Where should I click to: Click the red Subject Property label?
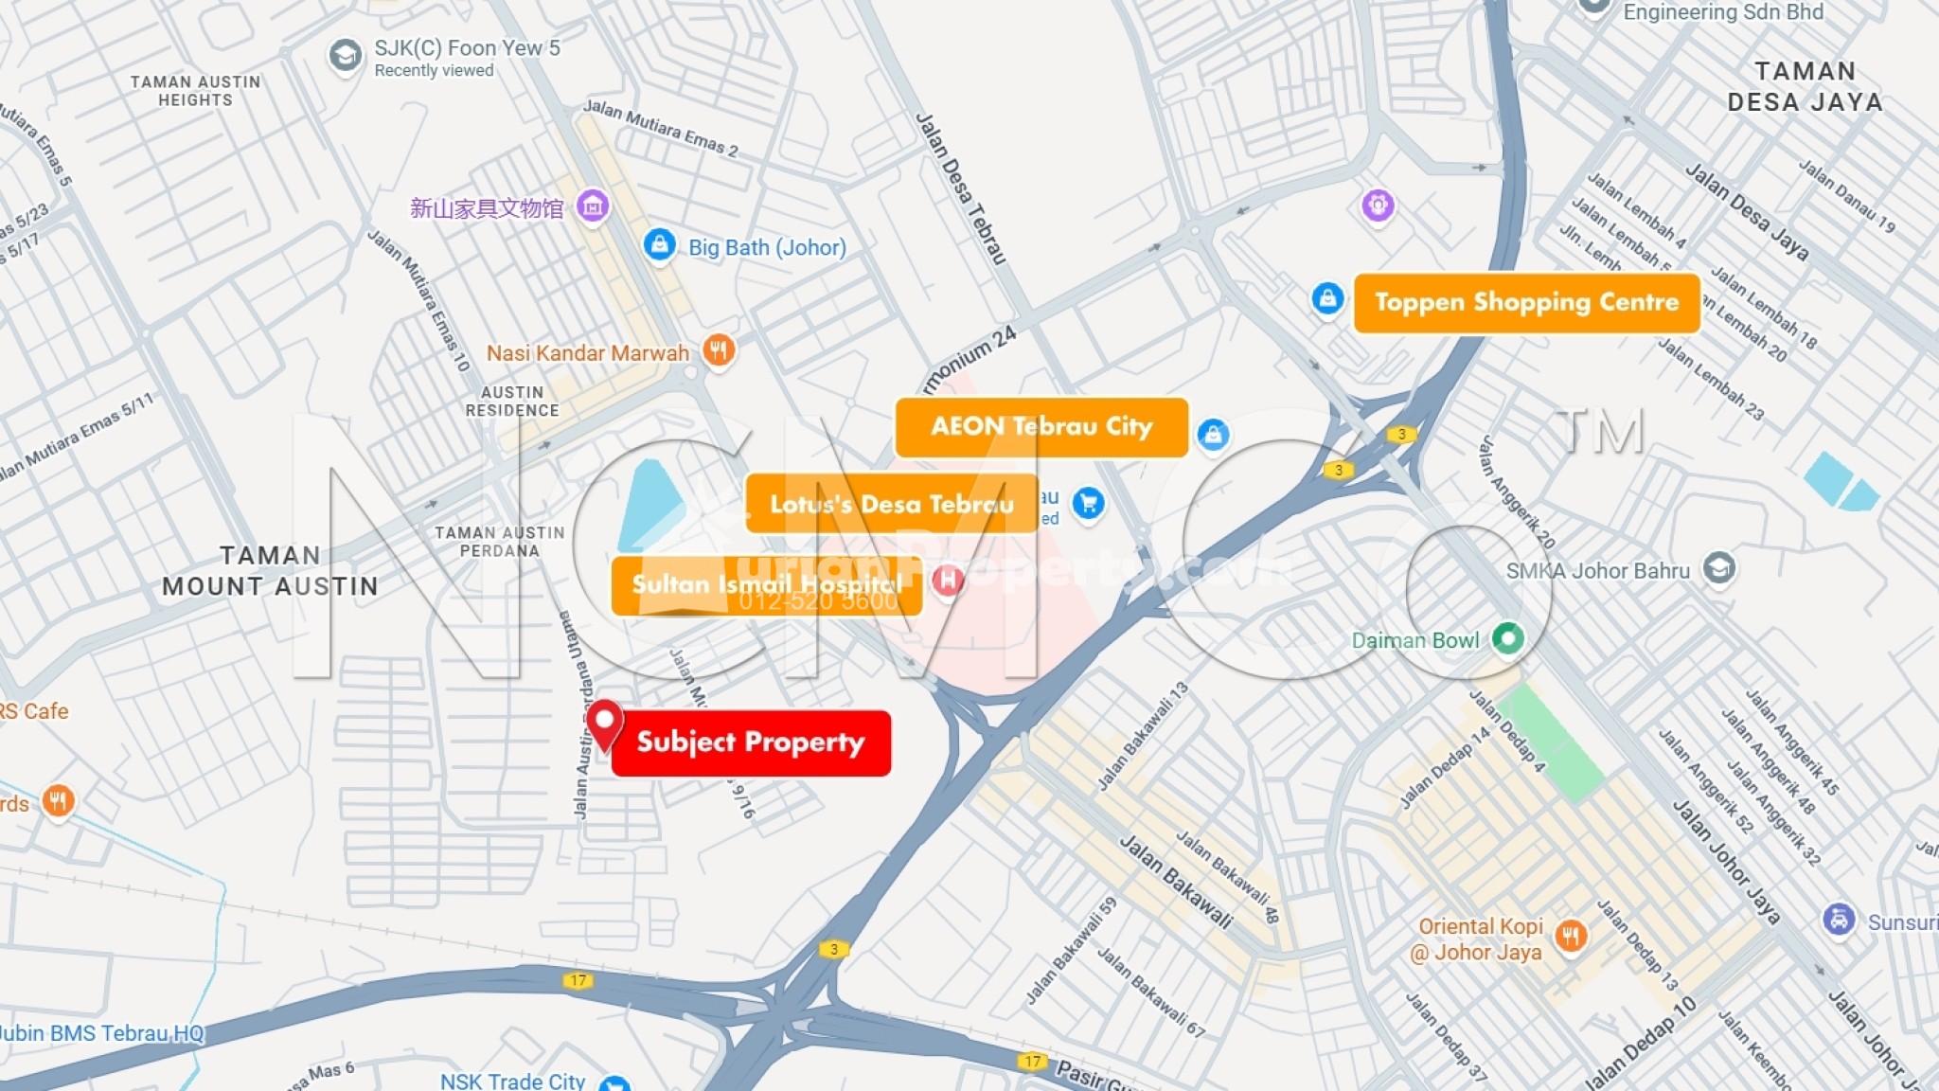click(x=751, y=743)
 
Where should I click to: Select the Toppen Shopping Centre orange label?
click(x=1526, y=303)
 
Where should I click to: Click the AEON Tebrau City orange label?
click(x=1041, y=427)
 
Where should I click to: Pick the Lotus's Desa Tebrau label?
click(x=891, y=504)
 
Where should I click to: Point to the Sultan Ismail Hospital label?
click(x=767, y=585)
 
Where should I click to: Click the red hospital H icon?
click(x=948, y=581)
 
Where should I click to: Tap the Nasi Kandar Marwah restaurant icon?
click(x=719, y=351)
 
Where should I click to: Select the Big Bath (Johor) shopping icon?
click(x=659, y=245)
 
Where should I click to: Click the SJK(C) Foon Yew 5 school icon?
click(x=345, y=56)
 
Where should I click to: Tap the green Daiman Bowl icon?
click(x=1507, y=638)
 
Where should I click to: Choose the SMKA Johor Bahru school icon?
click(x=1718, y=568)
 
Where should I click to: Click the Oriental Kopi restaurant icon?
click(x=1571, y=937)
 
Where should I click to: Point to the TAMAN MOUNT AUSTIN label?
click(x=270, y=571)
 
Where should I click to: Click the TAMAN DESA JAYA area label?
click(x=1805, y=87)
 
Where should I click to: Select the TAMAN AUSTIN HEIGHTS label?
click(x=195, y=91)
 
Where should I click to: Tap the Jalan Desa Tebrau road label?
click(x=960, y=188)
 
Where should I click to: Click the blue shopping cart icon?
click(x=1089, y=503)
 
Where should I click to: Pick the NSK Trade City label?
click(x=512, y=1081)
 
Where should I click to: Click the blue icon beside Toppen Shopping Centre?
click(x=1327, y=299)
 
